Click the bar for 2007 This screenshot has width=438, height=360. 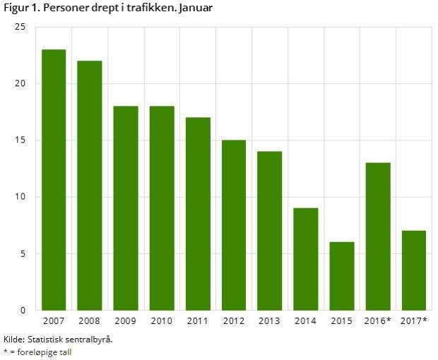54,180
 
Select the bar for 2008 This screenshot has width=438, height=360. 90,186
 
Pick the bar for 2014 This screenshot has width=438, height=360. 306,259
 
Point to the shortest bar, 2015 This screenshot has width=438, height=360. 342,276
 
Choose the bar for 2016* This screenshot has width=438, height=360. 378,236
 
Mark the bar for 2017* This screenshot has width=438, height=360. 414,270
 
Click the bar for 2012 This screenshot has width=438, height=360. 234,225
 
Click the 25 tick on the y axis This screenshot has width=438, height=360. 20,27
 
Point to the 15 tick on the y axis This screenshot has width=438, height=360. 20,140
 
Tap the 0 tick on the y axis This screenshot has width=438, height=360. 23,310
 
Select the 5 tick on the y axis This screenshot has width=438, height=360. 23,253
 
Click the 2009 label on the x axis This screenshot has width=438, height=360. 126,322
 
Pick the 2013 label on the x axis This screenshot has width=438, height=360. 270,322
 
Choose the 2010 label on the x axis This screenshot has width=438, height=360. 162,322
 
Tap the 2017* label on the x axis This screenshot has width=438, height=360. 414,322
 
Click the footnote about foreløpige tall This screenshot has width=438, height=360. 40,352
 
